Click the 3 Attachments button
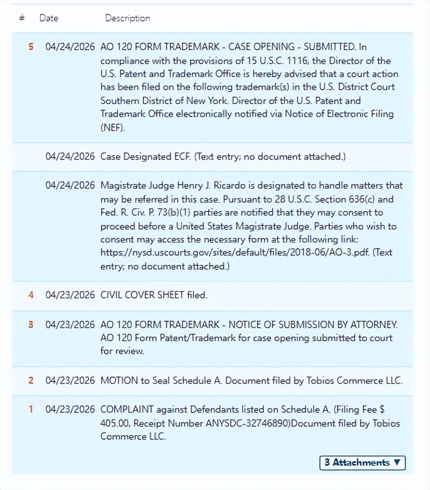point(362,463)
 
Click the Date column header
point(49,18)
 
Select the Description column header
point(128,18)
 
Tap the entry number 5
point(31,47)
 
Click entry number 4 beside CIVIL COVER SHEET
point(31,295)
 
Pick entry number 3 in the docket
point(31,324)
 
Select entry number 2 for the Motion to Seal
point(31,380)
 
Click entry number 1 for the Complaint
point(31,410)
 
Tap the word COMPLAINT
point(127,410)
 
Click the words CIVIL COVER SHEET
point(142,295)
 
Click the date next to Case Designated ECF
point(70,157)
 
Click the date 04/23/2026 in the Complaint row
point(70,410)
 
